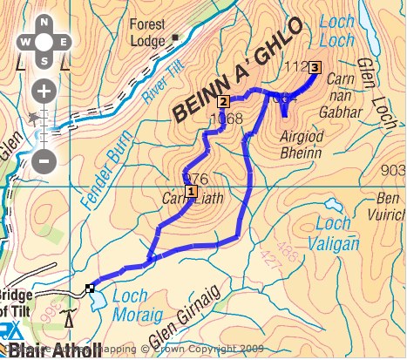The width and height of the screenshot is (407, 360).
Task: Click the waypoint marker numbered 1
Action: point(191,191)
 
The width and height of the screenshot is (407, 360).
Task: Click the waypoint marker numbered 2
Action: point(223,101)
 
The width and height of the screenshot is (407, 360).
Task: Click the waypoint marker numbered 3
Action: point(315,67)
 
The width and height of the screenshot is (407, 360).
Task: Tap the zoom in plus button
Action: point(44,91)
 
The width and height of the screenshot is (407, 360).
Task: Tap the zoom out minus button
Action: point(44,160)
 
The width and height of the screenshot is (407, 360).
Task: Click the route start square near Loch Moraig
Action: point(90,288)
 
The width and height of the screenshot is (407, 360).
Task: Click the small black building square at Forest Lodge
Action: point(174,37)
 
